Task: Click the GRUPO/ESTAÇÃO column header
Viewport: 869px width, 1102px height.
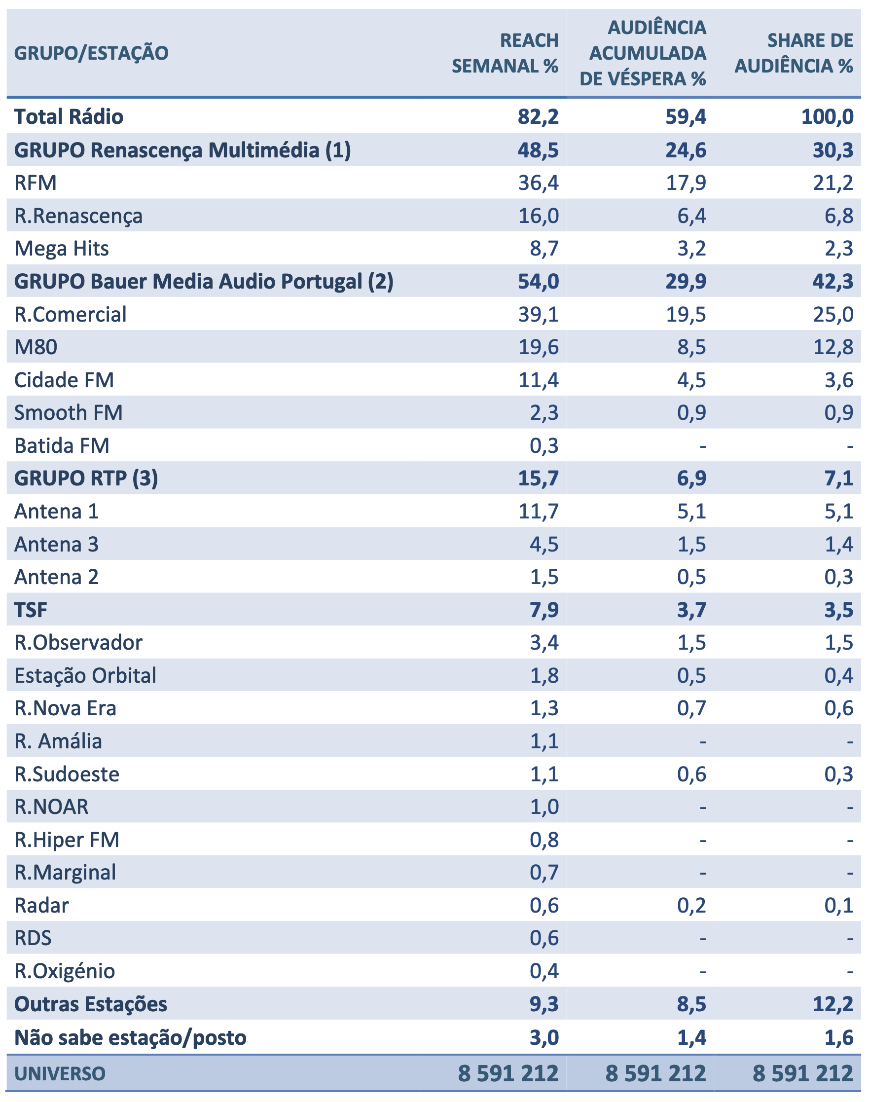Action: (x=91, y=53)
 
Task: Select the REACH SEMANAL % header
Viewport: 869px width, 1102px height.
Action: (x=505, y=53)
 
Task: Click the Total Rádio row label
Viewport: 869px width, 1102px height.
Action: (x=69, y=116)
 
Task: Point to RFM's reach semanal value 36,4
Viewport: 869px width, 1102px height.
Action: (x=538, y=183)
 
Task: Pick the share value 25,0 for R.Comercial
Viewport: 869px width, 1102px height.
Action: (x=833, y=314)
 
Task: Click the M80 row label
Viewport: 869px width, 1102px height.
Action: (x=36, y=347)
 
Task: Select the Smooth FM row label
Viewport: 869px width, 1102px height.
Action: (x=68, y=412)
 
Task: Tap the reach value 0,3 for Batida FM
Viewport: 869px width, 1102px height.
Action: (x=544, y=446)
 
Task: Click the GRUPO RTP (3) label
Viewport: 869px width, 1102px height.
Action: (x=86, y=478)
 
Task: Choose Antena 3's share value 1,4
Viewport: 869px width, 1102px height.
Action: (x=838, y=545)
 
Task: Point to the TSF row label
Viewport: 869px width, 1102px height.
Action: (x=31, y=610)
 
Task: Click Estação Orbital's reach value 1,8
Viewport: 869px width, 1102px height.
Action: (x=544, y=676)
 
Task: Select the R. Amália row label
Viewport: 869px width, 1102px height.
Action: (x=58, y=741)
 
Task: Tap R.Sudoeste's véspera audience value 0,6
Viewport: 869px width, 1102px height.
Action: (x=691, y=774)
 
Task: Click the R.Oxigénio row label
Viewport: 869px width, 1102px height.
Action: (x=65, y=971)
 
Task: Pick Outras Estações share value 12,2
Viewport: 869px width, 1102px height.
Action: (x=833, y=1004)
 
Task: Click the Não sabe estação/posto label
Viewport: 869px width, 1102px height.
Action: (x=130, y=1037)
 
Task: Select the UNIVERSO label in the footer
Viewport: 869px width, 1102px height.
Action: (x=60, y=1073)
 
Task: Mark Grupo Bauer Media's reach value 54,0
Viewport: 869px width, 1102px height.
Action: (x=538, y=281)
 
